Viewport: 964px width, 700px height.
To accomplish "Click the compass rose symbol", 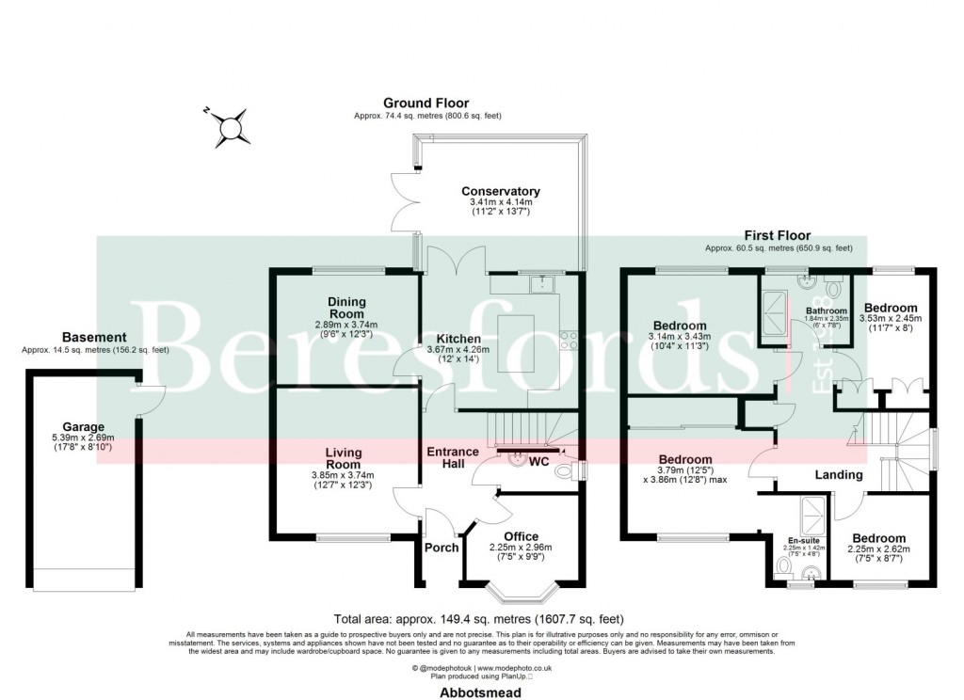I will pyautogui.click(x=229, y=126).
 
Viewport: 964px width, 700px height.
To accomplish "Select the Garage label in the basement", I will pyautogui.click(x=84, y=426).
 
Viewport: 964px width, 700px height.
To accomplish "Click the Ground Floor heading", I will pyautogui.click(x=426, y=103).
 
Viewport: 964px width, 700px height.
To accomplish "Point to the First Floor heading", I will pyautogui.click(x=778, y=235).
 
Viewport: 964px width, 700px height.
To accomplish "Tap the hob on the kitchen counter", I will pyautogui.click(x=569, y=341).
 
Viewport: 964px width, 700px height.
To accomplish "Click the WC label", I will pyautogui.click(x=539, y=462).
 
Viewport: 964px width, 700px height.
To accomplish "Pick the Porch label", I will pyautogui.click(x=442, y=548).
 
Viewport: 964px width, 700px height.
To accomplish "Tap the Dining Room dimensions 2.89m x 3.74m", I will pyautogui.click(x=346, y=323).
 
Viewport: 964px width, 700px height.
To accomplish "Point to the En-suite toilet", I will pyautogui.click(x=783, y=568).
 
